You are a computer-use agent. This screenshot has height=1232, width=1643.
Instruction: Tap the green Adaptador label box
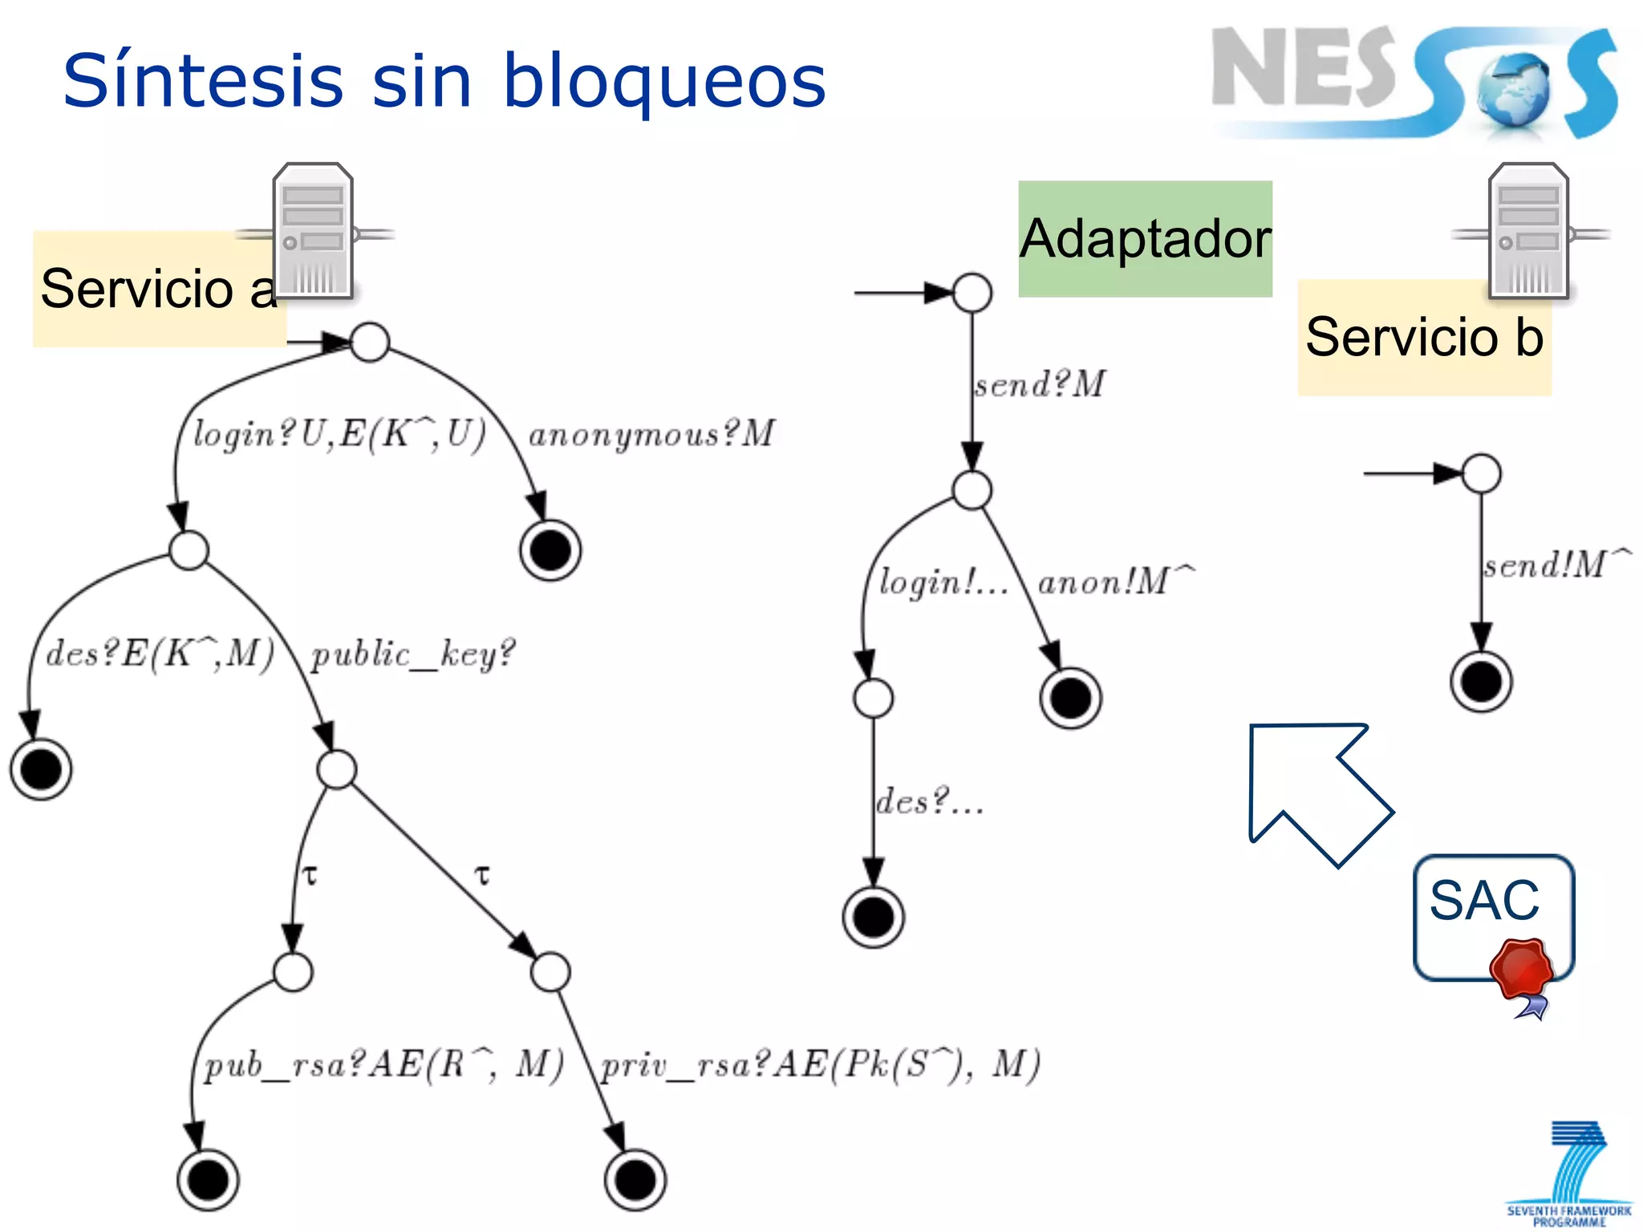[1145, 239]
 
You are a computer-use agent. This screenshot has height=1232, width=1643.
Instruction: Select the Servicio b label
[1424, 338]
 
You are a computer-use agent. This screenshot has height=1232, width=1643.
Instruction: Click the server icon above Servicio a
[314, 231]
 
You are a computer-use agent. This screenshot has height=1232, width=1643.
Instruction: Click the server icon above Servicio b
[1528, 231]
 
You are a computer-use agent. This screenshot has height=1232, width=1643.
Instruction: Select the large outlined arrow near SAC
[1316, 790]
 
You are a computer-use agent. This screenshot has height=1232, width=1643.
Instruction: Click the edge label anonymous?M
[651, 435]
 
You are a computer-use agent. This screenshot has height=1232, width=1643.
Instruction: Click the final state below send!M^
[1481, 683]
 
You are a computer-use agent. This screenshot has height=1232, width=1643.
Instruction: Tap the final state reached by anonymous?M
[550, 550]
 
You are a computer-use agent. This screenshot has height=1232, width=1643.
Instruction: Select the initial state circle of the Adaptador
[972, 293]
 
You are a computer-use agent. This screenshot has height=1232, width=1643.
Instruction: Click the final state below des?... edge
[874, 918]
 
